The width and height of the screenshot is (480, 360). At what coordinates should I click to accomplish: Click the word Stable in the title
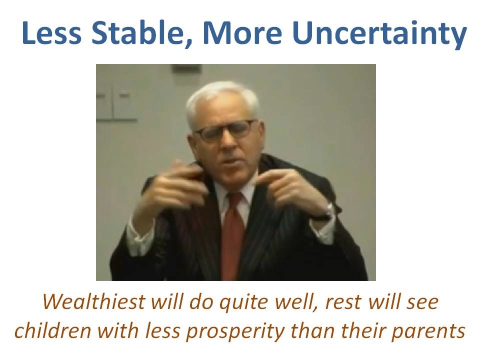click(137, 33)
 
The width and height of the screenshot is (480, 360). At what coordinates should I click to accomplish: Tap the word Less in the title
click(51, 33)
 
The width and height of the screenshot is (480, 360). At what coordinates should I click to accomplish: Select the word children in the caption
click(53, 330)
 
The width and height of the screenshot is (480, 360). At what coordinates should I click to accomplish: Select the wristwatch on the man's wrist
click(327, 212)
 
